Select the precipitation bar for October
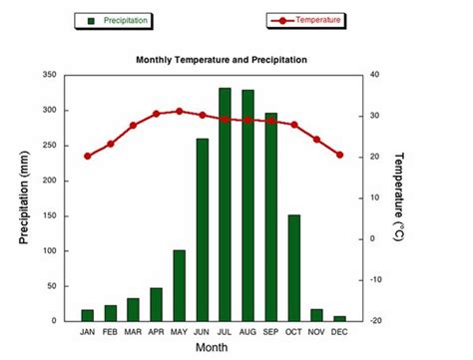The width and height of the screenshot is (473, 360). point(294,267)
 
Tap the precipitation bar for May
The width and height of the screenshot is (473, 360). point(180,285)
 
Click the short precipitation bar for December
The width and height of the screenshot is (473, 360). point(340,318)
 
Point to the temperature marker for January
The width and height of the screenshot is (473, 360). point(88,157)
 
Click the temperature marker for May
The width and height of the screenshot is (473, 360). point(180,111)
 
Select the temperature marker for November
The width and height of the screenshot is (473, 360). point(317,140)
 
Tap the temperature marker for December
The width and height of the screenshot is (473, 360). point(340,155)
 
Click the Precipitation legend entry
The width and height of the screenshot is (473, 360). point(117,20)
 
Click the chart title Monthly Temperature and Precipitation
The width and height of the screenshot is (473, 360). point(222,60)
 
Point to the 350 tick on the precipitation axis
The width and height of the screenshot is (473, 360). point(48,75)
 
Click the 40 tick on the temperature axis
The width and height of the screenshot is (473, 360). point(375,75)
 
